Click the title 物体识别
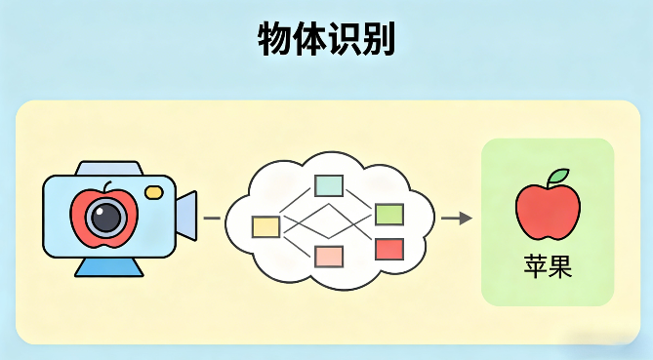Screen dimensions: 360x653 coord(326,41)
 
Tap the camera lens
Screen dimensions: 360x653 coord(106,217)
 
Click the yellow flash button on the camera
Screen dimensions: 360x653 coord(153,192)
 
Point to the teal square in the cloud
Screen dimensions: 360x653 coord(328,185)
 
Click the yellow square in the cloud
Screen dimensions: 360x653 coord(265,226)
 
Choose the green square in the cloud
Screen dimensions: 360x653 coord(389,214)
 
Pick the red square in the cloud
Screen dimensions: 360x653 coord(389,249)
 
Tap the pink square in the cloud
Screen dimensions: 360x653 coord(329,257)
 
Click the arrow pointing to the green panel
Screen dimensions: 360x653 coord(456,218)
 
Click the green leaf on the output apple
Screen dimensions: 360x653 coord(557,178)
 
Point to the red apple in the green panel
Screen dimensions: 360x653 coord(548,211)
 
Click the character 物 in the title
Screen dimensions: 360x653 coord(274,41)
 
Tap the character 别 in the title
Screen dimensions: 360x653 coord(378,41)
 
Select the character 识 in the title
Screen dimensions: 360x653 coord(344,41)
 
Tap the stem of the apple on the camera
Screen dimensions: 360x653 coord(109,185)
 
